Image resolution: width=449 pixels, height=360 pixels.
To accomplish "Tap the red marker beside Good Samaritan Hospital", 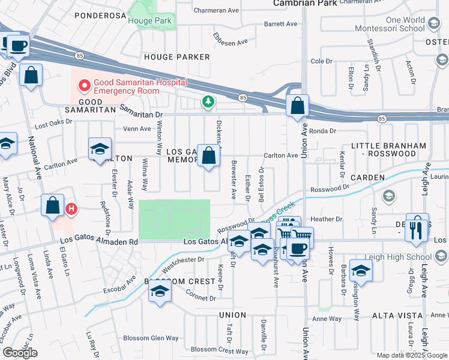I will [x=83, y=86].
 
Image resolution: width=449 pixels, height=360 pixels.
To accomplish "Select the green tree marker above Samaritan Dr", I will [x=208, y=103].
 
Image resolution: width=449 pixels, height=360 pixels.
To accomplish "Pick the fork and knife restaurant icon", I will [x=417, y=229].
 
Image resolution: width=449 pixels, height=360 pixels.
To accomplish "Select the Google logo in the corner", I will [x=20, y=352].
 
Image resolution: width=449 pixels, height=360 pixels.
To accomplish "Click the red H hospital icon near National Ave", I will [x=71, y=209].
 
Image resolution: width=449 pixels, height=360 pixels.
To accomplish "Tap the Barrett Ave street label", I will [x=281, y=25].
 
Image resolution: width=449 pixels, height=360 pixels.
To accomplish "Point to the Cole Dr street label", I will [x=321, y=61].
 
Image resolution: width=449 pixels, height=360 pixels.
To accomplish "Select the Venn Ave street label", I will [x=137, y=128].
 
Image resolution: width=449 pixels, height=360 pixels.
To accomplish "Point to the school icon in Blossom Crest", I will [x=159, y=291].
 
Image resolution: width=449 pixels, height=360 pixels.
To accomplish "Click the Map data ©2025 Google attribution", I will [x=412, y=355].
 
